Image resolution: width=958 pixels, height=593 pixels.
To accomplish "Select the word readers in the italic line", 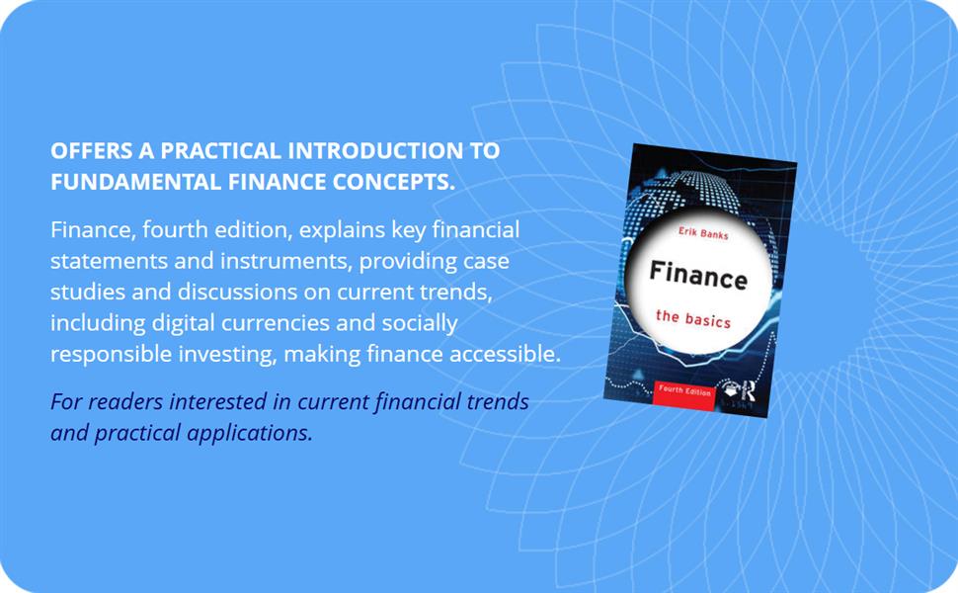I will click(121, 403).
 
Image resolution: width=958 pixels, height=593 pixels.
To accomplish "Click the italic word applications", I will click(253, 433).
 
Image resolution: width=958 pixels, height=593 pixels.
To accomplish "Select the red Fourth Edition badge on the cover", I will click(683, 389).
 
